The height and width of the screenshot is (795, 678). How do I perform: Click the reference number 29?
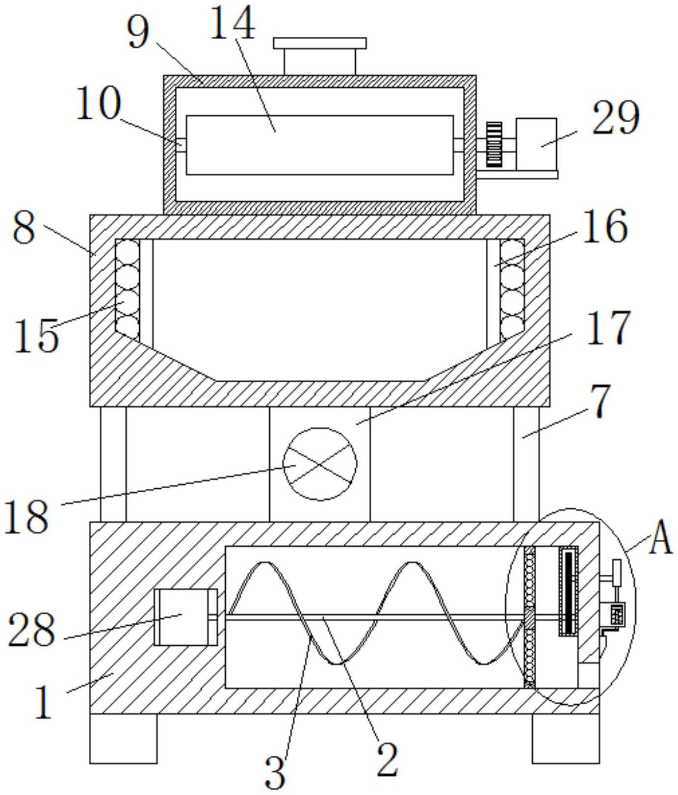615,118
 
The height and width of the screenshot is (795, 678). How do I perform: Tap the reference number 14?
233,23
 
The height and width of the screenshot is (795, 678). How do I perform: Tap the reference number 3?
275,772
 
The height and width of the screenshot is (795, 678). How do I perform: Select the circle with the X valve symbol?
320,464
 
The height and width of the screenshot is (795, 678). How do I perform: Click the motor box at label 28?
185,617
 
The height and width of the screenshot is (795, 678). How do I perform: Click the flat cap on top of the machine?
320,43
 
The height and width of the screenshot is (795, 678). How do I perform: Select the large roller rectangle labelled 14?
320,145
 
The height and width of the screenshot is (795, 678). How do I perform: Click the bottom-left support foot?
123,739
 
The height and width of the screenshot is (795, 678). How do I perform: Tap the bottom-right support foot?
566,739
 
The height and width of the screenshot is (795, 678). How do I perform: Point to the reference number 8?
24,228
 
